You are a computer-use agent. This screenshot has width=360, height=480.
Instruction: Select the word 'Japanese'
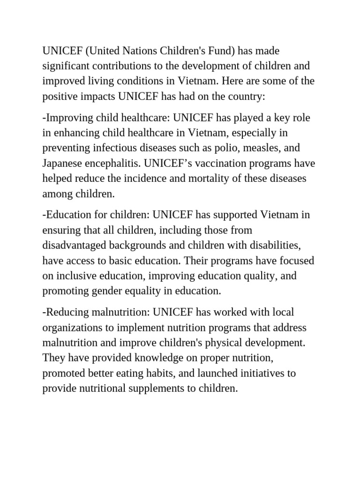pos(62,163)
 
